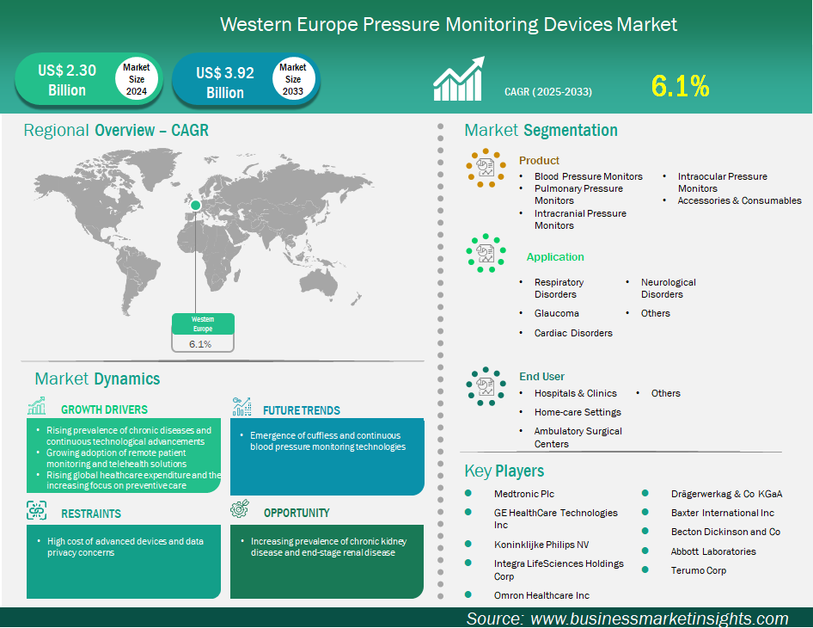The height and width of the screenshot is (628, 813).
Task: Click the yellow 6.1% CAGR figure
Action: click(680, 86)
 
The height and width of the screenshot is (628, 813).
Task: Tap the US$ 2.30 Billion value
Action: click(67, 80)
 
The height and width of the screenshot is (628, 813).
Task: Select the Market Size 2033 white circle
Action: click(293, 79)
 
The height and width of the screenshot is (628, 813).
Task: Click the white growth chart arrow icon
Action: click(459, 78)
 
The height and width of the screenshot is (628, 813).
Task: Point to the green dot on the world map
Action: click(195, 205)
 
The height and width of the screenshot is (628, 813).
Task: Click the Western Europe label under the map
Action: click(203, 323)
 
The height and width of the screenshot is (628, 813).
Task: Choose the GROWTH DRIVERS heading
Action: click(104, 409)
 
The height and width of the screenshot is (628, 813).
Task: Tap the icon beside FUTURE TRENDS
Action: click(241, 406)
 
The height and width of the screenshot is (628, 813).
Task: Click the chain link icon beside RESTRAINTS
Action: click(36, 511)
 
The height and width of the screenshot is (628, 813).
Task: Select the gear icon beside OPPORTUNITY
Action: click(240, 509)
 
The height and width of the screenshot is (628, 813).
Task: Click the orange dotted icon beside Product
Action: click(486, 168)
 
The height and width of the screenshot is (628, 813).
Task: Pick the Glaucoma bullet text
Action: click(556, 313)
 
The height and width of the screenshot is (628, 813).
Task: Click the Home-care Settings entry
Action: click(578, 412)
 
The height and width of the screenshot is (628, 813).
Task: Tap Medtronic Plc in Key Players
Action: click(524, 494)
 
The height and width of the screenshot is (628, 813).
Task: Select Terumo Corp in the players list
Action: click(699, 570)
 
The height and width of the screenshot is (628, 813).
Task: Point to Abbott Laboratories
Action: click(713, 551)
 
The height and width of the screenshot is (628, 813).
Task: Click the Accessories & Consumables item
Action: click(739, 200)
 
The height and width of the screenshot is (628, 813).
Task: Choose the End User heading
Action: click(541, 376)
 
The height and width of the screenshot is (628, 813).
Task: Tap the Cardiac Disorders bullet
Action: click(573, 333)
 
